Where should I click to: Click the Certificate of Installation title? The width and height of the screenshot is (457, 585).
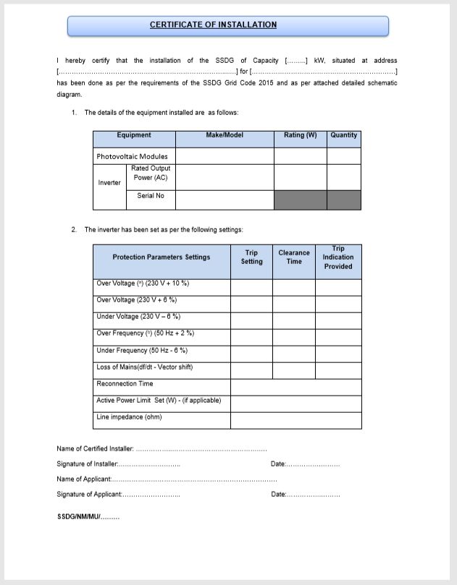click(213, 25)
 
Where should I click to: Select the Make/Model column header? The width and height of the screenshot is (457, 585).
click(225, 136)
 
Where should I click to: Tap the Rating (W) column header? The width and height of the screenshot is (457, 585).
click(300, 136)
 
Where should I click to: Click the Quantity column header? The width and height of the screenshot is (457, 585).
click(343, 136)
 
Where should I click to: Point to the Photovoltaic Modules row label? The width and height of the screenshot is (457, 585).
click(132, 156)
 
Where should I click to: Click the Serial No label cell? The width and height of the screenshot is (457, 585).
click(151, 196)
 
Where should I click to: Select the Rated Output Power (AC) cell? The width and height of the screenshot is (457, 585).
click(151, 173)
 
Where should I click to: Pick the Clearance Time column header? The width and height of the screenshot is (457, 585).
click(294, 257)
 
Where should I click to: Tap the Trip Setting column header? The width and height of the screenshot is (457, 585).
click(251, 257)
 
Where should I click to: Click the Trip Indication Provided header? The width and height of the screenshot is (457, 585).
click(338, 257)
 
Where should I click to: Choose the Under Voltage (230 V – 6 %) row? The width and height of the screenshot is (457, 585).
click(138, 317)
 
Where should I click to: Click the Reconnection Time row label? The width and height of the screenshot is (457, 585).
click(125, 384)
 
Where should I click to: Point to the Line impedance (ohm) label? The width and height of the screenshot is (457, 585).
click(129, 417)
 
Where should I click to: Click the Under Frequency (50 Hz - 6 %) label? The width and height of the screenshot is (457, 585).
click(141, 351)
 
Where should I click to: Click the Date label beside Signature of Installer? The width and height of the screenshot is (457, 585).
click(278, 464)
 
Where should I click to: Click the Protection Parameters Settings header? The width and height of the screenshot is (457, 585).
click(162, 257)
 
